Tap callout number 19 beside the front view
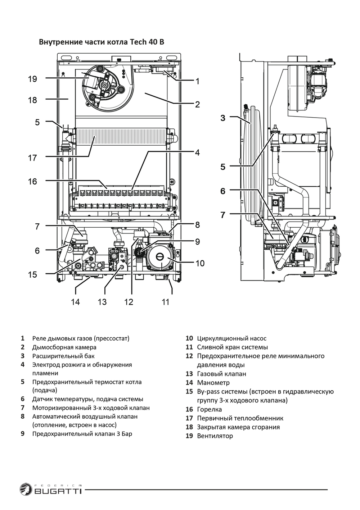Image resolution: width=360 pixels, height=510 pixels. pyautogui.click(x=32, y=79)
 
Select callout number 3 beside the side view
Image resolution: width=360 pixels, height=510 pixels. pyautogui.click(x=223, y=118)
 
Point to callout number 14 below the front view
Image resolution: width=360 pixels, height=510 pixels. pyautogui.click(x=75, y=302)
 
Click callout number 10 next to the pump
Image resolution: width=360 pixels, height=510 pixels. pyautogui.click(x=200, y=263)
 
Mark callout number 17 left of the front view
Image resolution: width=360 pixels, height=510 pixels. pyautogui.click(x=32, y=158)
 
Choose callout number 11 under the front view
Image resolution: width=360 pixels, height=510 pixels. pyautogui.click(x=165, y=302)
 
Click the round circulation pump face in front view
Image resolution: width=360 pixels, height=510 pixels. pyautogui.click(x=160, y=258)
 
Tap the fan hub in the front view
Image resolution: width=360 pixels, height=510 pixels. pyautogui.click(x=105, y=85)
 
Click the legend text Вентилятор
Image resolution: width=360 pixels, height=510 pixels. pyautogui.click(x=215, y=436)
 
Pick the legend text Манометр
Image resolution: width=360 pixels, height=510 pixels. pyautogui.click(x=213, y=383)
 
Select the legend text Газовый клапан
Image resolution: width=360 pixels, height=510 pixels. pyautogui.click(x=221, y=374)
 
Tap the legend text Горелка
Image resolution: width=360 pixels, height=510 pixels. pyautogui.click(x=209, y=409)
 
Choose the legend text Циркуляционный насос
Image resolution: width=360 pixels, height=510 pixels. pyautogui.click(x=231, y=338)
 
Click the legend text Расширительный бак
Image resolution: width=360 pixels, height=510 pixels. pyautogui.click(x=63, y=356)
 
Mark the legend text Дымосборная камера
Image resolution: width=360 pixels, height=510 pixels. pyautogui.click(x=64, y=347)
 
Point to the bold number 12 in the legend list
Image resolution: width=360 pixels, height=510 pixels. pyautogui.click(x=189, y=356)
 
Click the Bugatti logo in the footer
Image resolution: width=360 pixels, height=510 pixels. pyautogui.click(x=51, y=490)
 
